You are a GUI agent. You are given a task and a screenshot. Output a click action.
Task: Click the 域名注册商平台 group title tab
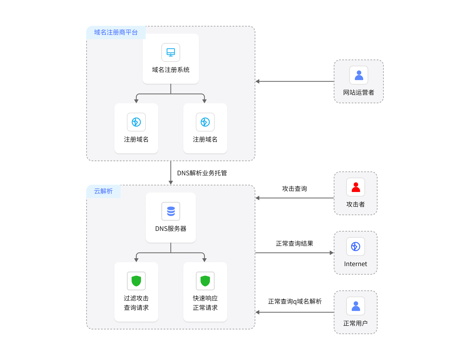coord(116,32)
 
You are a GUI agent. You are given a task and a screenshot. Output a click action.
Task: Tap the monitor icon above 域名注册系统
coord(171,52)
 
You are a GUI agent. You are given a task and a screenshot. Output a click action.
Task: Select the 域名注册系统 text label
coord(171,70)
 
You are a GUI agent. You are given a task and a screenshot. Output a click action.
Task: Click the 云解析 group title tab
coord(103,191)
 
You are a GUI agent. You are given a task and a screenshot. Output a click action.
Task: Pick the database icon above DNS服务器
coord(171,211)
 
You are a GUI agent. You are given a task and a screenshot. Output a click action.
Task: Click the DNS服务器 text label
coord(171,229)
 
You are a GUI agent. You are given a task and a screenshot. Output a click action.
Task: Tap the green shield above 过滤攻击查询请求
coord(136,281)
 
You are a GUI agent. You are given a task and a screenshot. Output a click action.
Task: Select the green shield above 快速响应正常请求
coord(205,281)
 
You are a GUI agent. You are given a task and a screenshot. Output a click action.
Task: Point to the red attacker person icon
coord(356,187)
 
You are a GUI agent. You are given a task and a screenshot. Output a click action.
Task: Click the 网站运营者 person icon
coord(359,75)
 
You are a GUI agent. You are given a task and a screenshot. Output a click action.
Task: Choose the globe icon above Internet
coord(356,247)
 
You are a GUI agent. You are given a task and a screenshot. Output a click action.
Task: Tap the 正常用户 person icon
coord(356,306)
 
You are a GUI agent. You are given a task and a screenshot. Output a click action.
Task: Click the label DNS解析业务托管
coord(202,173)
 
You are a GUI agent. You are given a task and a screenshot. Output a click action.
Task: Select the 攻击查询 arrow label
coord(295,189)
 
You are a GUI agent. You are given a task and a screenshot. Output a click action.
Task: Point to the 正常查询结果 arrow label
coord(295,243)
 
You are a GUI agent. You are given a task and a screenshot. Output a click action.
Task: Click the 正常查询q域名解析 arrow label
coord(295,301)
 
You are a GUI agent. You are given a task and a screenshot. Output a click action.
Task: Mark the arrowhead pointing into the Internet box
coord(332,253)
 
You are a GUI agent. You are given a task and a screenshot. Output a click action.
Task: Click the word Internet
coord(356,264)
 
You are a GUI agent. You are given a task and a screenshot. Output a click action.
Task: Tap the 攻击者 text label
coord(356,204)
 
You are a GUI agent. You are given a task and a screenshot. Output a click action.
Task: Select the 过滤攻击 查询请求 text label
coord(136,303)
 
